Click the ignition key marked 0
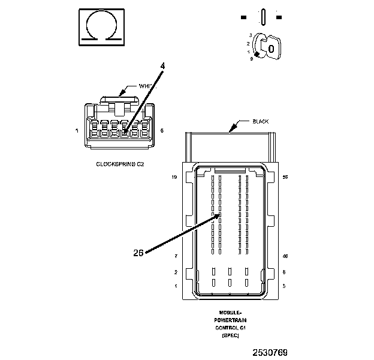coord(270,48)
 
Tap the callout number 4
coord(162,65)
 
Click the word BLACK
coord(260,122)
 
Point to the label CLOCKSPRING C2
coord(120,163)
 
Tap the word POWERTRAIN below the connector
coord(231,320)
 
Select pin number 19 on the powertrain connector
coord(174,178)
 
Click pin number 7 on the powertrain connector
coord(176,256)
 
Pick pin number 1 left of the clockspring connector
coord(77,130)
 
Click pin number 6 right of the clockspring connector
coord(162,130)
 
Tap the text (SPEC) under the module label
coord(231,336)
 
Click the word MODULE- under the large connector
coord(231,313)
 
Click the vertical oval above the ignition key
coord(263,16)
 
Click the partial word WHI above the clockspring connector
coord(143,86)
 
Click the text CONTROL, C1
coord(231,328)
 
